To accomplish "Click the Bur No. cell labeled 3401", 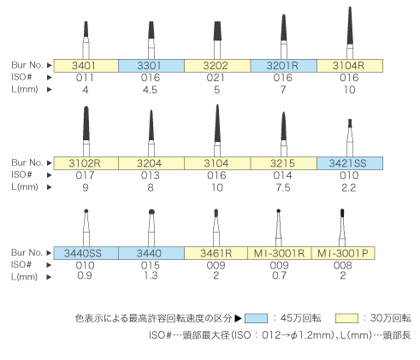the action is click(x=86, y=66).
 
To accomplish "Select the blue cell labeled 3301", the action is click(x=151, y=66).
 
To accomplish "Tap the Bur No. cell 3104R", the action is click(x=350, y=66).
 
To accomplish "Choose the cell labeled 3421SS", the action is click(x=350, y=163).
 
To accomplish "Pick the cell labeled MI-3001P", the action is click(x=343, y=253).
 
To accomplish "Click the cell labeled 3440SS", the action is click(x=86, y=253).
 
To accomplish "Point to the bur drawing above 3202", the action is click(x=217, y=40).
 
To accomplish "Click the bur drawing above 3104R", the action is click(x=350, y=32).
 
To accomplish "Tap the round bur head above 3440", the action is click(x=151, y=212).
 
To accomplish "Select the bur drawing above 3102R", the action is click(x=86, y=132).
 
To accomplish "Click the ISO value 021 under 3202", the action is click(x=216, y=78).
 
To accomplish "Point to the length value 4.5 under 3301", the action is click(x=150, y=90).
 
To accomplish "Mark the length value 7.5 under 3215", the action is click(x=283, y=187).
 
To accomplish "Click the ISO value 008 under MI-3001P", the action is click(x=343, y=265).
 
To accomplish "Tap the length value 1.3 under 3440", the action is click(x=151, y=275).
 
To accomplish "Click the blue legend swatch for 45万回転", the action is click(x=256, y=318).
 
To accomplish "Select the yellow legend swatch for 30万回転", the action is click(x=346, y=318).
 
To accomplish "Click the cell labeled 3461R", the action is click(x=216, y=253).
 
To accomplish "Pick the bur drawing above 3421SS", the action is click(x=350, y=138).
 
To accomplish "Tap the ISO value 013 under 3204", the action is click(x=151, y=175).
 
